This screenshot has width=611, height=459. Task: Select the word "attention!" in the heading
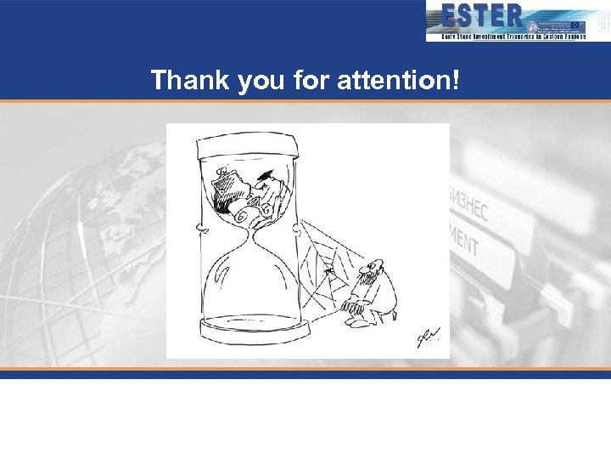tap(398, 81)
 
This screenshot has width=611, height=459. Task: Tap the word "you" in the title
tap(251, 82)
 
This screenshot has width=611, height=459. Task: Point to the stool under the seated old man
tap(387, 315)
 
